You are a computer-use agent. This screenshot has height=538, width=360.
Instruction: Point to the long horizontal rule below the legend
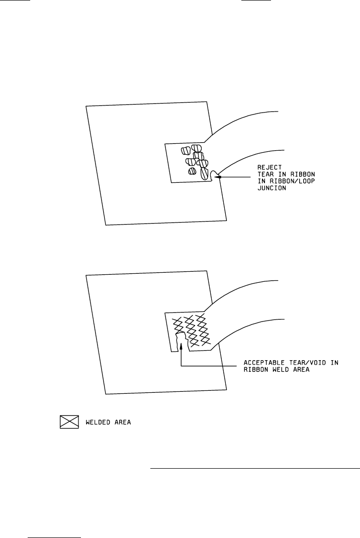click(x=255, y=468)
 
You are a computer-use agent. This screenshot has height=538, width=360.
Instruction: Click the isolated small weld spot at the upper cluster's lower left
click(x=192, y=172)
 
